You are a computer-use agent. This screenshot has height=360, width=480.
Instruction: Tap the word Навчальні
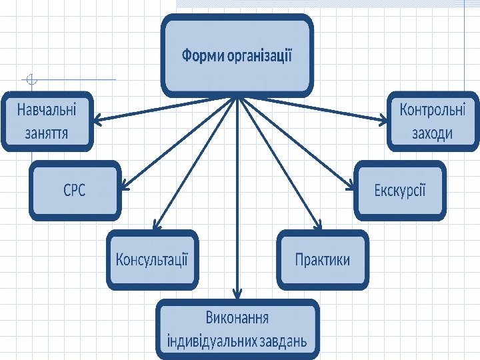[x=47, y=109]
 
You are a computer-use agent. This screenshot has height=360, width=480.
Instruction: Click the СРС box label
[x=75, y=191]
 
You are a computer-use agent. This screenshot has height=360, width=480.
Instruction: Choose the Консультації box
[x=153, y=259]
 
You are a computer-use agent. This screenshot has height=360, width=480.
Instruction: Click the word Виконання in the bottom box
[x=237, y=317]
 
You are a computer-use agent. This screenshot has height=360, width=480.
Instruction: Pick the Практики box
[x=323, y=259]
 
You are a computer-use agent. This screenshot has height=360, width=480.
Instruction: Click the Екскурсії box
[x=399, y=191]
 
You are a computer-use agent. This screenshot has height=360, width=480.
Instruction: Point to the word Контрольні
[x=433, y=109]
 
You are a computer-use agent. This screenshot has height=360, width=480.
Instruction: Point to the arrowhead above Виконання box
[x=236, y=293]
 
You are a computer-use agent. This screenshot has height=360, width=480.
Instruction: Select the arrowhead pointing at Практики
[x=319, y=227]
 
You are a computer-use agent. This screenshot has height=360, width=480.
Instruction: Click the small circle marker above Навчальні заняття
[x=31, y=81]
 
